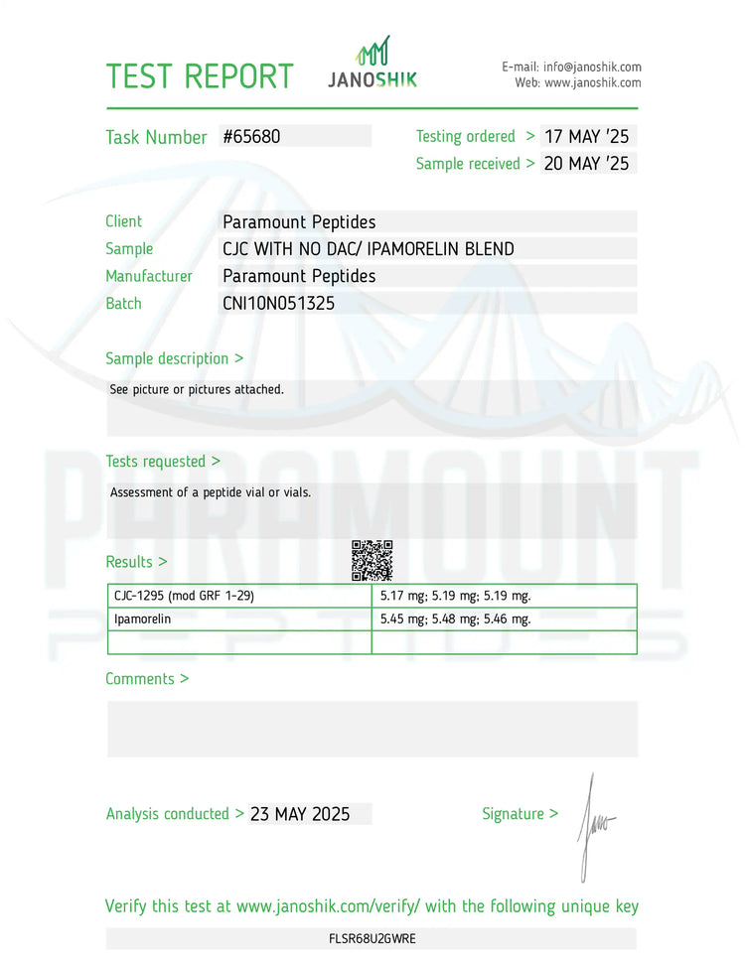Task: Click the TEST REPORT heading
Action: [200, 76]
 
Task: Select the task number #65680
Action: [251, 137]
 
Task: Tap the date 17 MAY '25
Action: [587, 137]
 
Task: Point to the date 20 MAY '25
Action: [587, 164]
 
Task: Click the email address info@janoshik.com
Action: [592, 67]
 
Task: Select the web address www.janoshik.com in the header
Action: [592, 83]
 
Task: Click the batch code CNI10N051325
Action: [278, 304]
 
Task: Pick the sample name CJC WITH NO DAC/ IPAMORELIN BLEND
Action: [369, 249]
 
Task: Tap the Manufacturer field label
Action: [149, 276]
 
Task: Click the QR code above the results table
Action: [372, 560]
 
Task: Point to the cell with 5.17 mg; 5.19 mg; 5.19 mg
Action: [455, 596]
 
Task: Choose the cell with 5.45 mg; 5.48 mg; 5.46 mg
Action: [455, 620]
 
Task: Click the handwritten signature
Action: [595, 824]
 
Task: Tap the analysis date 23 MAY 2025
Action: [300, 814]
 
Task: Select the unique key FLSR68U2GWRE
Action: [372, 939]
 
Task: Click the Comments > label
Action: [147, 679]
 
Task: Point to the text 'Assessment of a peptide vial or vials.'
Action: [211, 492]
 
